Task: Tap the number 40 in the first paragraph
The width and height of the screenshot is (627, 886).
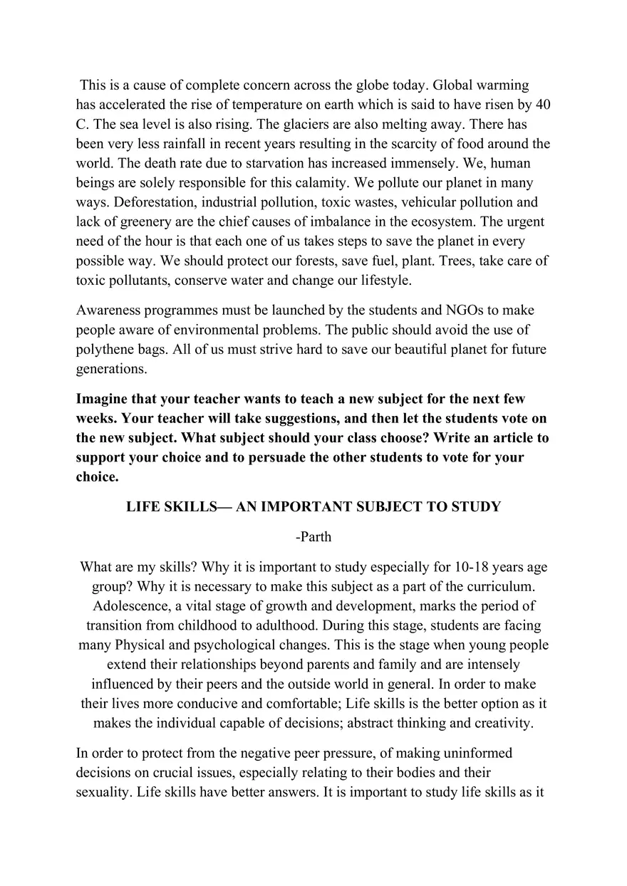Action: (x=542, y=105)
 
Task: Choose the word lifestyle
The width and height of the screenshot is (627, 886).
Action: (x=383, y=280)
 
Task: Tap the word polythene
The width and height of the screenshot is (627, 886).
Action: (x=106, y=350)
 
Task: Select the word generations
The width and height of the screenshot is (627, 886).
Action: (x=112, y=369)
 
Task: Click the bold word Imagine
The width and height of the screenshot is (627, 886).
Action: (x=104, y=399)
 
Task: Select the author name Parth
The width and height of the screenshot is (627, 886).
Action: (x=316, y=537)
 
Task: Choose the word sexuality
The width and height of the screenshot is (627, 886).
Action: (x=103, y=791)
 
